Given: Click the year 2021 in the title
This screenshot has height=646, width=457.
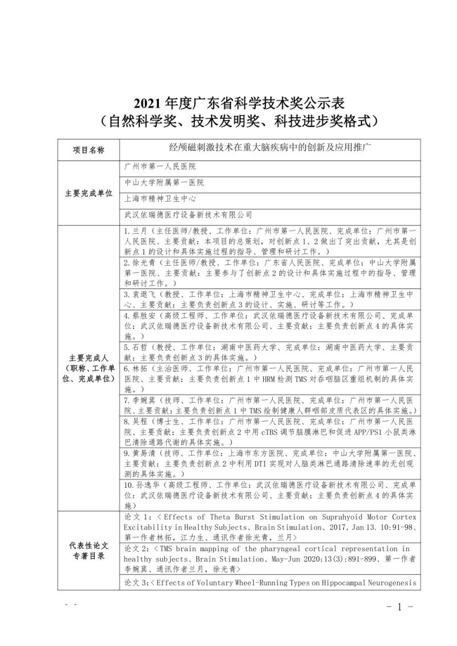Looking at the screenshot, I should click(x=147, y=104).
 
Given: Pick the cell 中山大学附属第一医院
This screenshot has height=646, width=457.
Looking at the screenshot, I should click(x=164, y=183).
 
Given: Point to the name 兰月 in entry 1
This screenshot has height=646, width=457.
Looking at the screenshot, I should click(x=139, y=232).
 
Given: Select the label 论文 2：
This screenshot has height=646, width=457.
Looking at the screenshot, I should click(x=137, y=548).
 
